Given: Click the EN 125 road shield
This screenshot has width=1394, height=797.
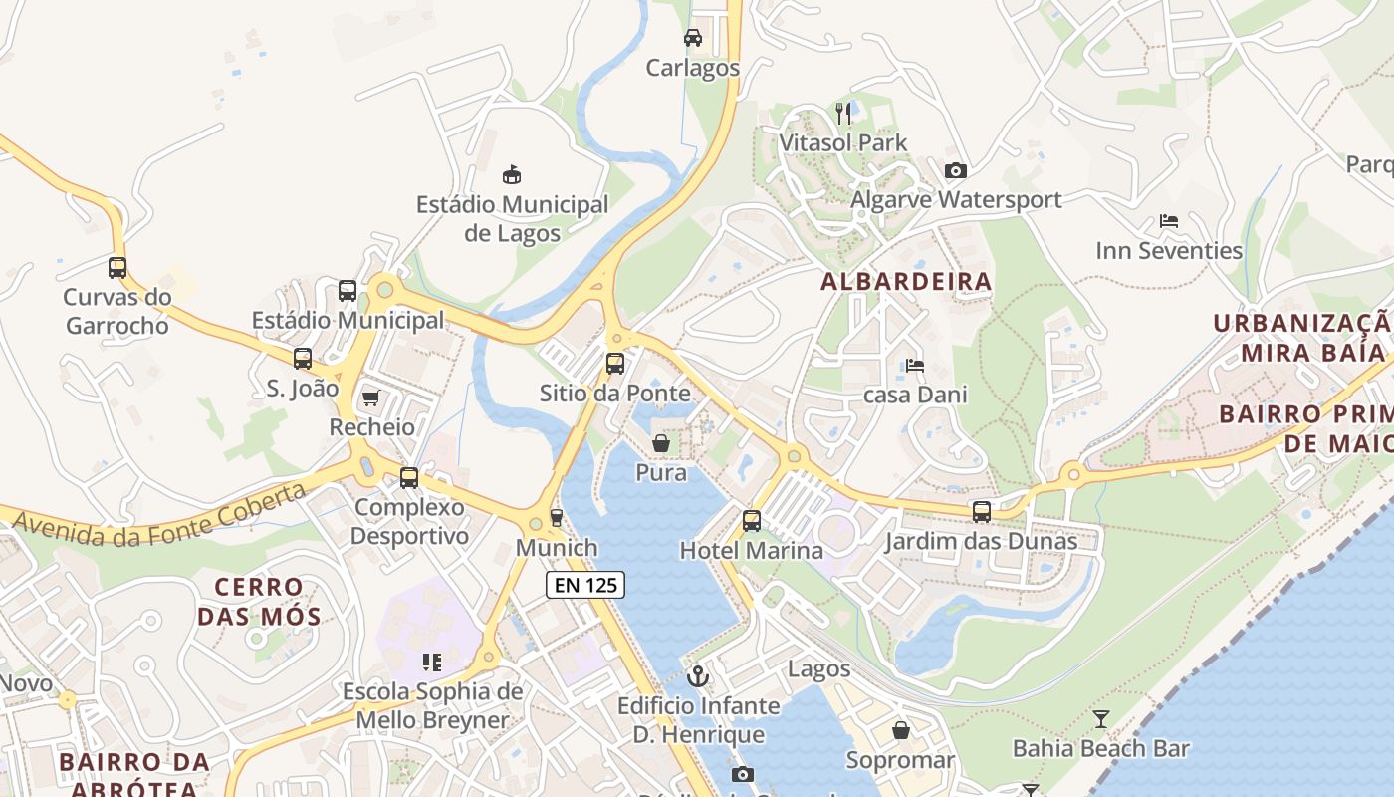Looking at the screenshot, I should [x=585, y=585].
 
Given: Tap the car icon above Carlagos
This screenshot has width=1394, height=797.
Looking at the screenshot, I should [x=693, y=38].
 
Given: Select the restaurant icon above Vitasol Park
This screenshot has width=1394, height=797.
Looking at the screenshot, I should [x=843, y=113].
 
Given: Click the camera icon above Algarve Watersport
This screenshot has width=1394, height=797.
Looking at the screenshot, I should [x=955, y=170].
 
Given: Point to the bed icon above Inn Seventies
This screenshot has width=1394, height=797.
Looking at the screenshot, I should [x=1169, y=221].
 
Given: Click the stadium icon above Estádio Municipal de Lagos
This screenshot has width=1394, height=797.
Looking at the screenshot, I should [x=512, y=175].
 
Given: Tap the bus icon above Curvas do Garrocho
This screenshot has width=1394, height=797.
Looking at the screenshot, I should [x=117, y=267].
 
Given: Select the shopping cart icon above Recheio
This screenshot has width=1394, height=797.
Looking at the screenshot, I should [x=371, y=398].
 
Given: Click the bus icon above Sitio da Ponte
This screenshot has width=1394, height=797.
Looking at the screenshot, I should [x=615, y=363].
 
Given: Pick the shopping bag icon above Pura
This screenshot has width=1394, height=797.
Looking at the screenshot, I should [x=660, y=442].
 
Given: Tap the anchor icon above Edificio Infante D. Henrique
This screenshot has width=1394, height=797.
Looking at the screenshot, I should [x=698, y=676].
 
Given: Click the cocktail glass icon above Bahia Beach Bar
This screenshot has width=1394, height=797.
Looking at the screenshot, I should [x=1100, y=718].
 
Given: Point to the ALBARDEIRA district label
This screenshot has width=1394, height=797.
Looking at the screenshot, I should [x=906, y=282].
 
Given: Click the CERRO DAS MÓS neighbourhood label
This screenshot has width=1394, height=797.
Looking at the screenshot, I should [x=259, y=601].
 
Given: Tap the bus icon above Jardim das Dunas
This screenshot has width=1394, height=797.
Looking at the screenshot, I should [x=982, y=512].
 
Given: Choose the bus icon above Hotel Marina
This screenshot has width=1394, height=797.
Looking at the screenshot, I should [x=752, y=520].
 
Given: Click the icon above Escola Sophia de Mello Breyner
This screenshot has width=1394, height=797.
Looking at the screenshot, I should [x=432, y=662].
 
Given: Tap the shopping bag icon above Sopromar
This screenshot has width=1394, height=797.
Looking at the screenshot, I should [x=900, y=731].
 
